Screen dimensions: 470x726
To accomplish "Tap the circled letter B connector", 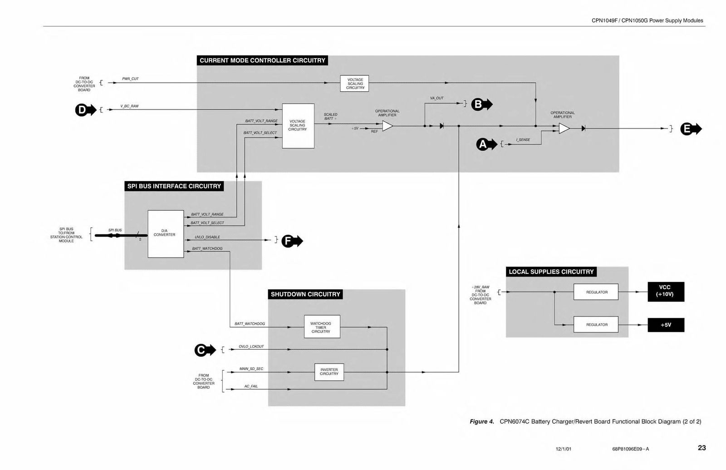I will (x=477, y=104).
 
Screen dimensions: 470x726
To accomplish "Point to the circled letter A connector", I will (x=482, y=145).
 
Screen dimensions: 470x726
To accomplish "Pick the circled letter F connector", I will (x=288, y=241).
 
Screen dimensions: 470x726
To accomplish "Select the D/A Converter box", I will (x=166, y=234).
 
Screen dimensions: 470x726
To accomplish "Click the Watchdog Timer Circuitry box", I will (x=322, y=327).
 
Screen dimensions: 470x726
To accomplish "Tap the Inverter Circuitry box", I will (x=329, y=372).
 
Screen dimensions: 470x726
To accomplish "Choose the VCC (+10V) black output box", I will (x=665, y=292).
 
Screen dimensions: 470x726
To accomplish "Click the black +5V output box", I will (x=665, y=325).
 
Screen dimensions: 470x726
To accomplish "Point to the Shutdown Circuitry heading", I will (x=305, y=294).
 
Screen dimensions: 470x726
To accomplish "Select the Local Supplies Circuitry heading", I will (x=551, y=272).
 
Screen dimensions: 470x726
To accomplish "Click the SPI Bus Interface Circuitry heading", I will (x=174, y=186).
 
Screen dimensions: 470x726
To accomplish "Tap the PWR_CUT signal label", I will (x=130, y=79).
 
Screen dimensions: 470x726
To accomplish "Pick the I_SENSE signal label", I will (x=523, y=140).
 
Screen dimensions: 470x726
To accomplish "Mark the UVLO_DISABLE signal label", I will (x=207, y=237).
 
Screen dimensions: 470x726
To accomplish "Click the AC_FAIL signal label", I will (x=251, y=386).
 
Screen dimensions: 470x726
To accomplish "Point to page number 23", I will (x=701, y=448).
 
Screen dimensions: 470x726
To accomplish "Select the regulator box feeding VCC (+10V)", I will (x=596, y=292).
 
